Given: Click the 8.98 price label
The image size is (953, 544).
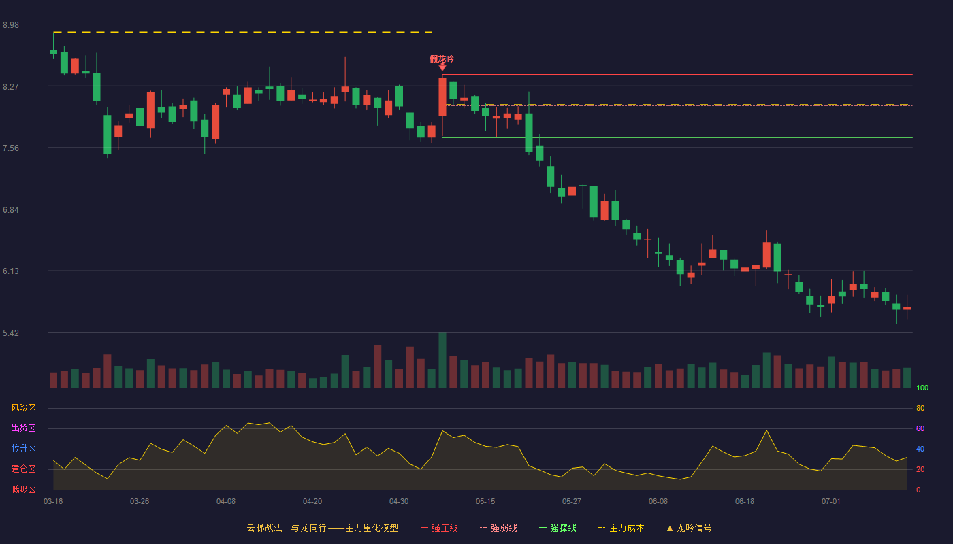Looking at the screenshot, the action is click(x=11, y=25).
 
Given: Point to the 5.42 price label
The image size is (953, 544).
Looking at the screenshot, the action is click(x=11, y=333).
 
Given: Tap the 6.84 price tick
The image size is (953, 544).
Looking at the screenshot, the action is click(x=11, y=210).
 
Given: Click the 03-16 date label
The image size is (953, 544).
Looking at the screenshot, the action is click(x=53, y=502).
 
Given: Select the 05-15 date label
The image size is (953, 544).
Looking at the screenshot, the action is click(x=485, y=502).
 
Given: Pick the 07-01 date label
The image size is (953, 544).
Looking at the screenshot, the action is click(x=831, y=502).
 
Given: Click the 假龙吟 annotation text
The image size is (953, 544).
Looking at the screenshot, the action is click(x=442, y=59).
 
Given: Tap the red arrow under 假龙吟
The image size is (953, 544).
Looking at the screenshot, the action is click(x=442, y=67).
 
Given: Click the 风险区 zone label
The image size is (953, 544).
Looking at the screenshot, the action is click(x=23, y=408).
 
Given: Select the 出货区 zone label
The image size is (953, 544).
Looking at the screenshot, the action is click(x=23, y=428).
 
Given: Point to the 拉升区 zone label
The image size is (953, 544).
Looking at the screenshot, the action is click(x=23, y=448).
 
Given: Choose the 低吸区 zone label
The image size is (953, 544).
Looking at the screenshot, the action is click(x=23, y=489).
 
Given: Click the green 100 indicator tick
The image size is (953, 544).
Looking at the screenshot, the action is click(x=922, y=388).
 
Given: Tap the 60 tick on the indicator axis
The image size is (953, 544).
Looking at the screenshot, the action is click(x=920, y=428).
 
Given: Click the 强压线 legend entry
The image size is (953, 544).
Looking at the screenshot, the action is click(x=439, y=528).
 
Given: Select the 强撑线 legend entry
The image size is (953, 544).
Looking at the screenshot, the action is click(x=558, y=528).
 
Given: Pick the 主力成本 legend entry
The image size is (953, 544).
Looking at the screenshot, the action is click(x=621, y=528).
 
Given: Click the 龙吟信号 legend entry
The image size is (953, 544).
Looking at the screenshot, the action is click(x=689, y=528).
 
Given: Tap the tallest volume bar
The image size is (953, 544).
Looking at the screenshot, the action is click(x=442, y=360).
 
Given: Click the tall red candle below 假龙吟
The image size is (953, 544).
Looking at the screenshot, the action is click(x=442, y=97).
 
